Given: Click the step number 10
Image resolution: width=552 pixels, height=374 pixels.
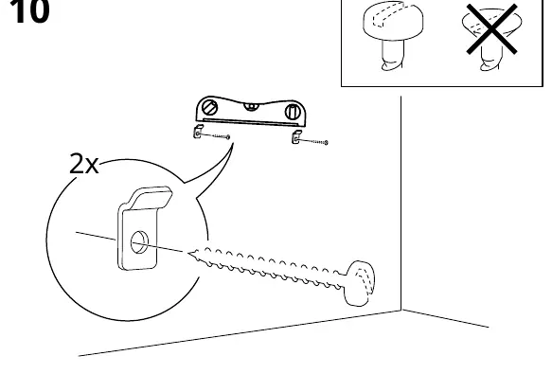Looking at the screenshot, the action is [28, 10].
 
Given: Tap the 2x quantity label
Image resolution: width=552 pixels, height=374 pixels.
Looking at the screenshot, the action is [83, 164].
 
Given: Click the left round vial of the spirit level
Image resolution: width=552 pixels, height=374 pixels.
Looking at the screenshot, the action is [210, 107].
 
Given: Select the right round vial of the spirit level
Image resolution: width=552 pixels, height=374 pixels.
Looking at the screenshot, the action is [292, 112].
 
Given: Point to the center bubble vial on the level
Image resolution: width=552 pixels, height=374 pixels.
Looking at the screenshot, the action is [251, 106].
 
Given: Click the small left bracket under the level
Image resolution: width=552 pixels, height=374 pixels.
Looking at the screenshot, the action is [198, 132].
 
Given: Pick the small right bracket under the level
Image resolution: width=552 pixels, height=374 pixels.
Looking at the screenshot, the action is [296, 137].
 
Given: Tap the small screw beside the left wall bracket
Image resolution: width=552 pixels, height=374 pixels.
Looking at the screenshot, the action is [215, 135].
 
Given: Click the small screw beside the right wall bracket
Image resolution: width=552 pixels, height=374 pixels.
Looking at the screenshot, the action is [313, 142].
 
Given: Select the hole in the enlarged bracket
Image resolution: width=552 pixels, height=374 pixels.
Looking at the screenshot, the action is [139, 242].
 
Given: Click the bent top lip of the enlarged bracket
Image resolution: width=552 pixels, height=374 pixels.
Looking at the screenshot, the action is [151, 197].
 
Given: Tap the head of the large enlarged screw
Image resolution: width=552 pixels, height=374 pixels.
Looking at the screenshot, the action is [360, 283].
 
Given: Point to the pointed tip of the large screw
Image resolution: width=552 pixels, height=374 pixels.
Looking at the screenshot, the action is [189, 253].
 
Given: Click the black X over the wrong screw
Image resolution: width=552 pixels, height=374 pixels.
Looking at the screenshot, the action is [491, 28].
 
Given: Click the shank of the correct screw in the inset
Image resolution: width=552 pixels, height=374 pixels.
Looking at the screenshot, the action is [393, 55].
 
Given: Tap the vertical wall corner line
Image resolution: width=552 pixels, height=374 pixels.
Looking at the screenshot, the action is [401, 204].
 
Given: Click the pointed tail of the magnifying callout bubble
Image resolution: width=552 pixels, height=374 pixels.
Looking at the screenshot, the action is [232, 144].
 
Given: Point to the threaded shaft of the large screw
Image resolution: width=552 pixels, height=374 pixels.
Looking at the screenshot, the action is [268, 268].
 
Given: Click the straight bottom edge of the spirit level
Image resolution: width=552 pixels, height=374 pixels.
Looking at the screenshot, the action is [251, 122].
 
